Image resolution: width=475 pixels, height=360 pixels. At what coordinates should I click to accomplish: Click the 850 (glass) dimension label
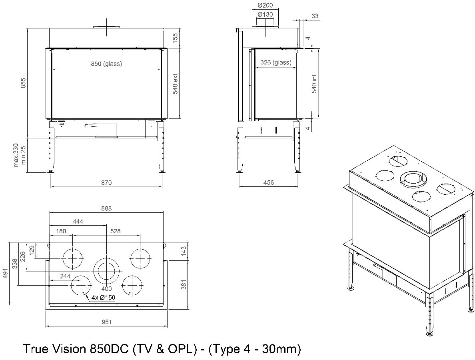click(x=106, y=64)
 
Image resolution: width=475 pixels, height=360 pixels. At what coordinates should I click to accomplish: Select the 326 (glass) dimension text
click(x=275, y=62)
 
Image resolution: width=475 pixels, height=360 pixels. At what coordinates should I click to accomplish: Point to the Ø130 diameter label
click(x=265, y=14)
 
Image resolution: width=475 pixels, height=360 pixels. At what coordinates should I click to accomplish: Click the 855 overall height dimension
click(x=23, y=83)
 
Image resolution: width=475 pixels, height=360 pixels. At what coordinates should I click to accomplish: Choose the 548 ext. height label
click(x=175, y=84)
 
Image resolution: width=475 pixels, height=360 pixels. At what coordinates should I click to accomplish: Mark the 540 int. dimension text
click(x=315, y=84)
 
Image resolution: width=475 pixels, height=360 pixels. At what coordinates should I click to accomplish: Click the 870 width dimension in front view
click(x=106, y=182)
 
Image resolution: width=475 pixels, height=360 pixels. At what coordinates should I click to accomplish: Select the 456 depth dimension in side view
click(x=269, y=182)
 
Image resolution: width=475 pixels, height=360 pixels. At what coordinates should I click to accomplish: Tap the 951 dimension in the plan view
click(x=106, y=322)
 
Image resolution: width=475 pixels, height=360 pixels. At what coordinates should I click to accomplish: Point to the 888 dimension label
click(x=106, y=208)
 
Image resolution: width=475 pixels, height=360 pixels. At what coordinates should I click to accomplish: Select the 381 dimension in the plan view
click(x=184, y=284)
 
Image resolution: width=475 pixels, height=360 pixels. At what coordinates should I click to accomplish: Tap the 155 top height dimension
click(x=175, y=38)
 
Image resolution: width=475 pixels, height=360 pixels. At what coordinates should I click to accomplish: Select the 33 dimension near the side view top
click(x=315, y=16)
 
